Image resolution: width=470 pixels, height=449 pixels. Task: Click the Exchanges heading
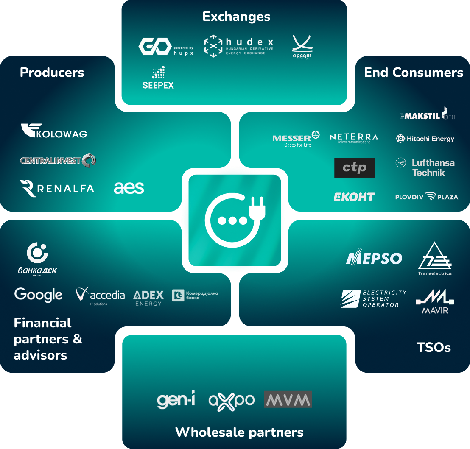click(236, 17)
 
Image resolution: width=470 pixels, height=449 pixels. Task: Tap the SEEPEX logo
click(158, 78)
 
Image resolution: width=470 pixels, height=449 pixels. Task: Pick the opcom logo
click(302, 47)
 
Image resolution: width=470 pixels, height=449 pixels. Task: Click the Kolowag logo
click(54, 131)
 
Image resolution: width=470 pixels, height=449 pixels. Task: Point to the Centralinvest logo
click(58, 160)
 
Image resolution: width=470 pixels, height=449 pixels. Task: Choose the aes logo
click(129, 188)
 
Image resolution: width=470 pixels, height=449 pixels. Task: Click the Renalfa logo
click(57, 189)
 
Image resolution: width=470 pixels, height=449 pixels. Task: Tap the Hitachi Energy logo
click(425, 139)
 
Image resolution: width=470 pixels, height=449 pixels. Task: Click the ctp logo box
click(354, 167)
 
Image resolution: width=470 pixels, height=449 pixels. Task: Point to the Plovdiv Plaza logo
click(426, 197)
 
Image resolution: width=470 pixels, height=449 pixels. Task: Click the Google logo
click(38, 295)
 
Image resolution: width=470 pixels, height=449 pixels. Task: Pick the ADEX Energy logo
click(148, 298)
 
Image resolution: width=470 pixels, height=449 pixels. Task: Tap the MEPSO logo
click(374, 258)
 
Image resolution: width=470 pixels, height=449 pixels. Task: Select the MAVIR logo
click(435, 301)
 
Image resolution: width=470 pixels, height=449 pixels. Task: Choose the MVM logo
click(288, 399)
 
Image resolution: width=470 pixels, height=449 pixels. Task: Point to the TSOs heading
click(434, 348)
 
